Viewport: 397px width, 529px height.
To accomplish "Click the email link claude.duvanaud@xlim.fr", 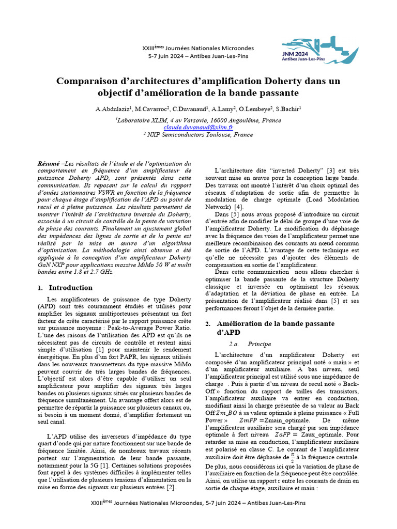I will [198, 127].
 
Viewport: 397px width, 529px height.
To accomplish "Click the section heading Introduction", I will [70, 288].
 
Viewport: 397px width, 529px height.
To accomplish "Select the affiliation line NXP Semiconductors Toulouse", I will [201, 135].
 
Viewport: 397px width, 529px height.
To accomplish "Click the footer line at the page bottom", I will [198, 516].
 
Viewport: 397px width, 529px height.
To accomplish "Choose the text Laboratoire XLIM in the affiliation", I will [141, 119].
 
